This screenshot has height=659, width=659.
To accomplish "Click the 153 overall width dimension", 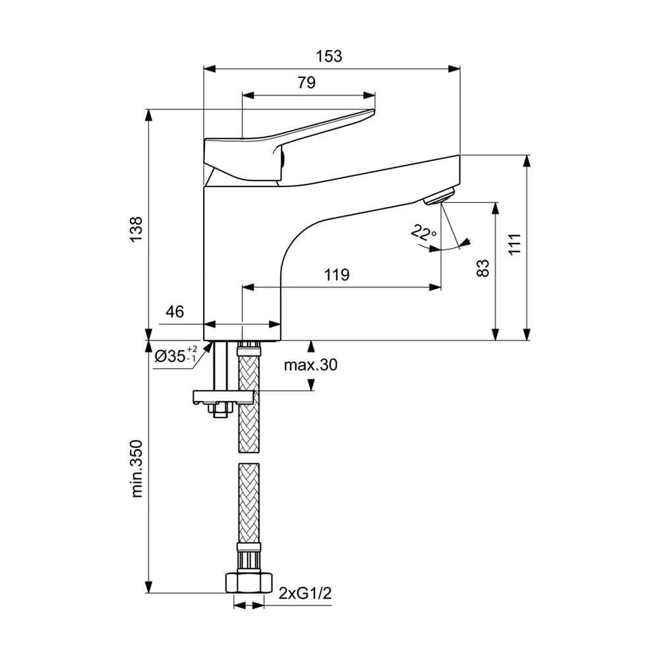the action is (329, 56).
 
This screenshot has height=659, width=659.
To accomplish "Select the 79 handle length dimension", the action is (307, 82).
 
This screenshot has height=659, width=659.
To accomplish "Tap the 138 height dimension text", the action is (136, 229).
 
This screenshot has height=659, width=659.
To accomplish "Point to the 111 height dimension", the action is (515, 243).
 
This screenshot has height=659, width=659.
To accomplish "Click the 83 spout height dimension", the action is (483, 268).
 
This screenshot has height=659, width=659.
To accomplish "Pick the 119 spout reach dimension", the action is (337, 275).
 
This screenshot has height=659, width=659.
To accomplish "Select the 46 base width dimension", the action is (175, 311).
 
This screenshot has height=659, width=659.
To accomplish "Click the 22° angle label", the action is (424, 232).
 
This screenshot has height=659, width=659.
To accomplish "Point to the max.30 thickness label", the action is (310, 365).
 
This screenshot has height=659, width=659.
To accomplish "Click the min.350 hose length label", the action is (136, 469).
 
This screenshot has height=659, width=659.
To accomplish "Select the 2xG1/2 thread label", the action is (305, 593).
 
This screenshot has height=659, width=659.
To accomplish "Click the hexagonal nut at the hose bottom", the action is (249, 583).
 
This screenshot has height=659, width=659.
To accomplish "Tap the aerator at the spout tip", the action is (439, 197).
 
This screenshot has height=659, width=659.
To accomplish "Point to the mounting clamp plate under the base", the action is (223, 396).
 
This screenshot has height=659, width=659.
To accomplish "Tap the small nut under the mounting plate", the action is (220, 410).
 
